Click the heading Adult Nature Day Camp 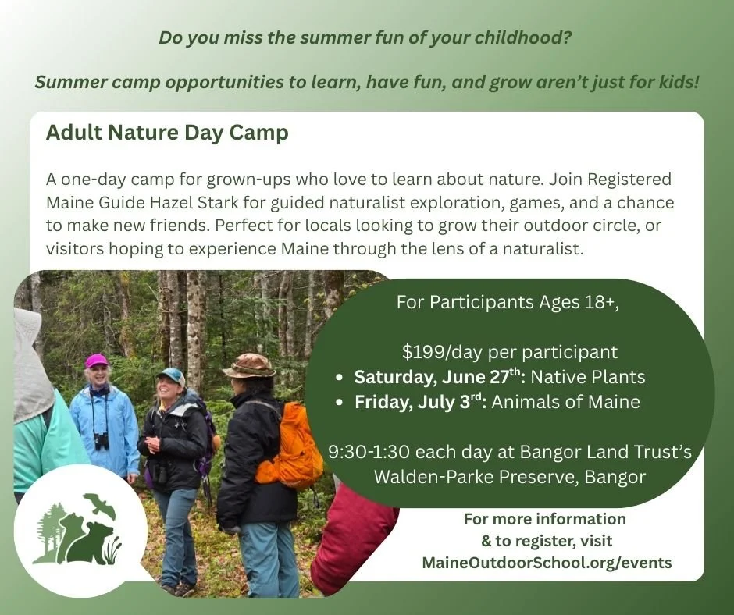pos(167,133)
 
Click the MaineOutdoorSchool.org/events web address pos(546,562)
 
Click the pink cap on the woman pos(97,361)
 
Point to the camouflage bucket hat pos(248,365)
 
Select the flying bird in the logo pos(99,505)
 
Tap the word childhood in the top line pos(520,37)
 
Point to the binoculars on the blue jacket pos(102,439)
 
